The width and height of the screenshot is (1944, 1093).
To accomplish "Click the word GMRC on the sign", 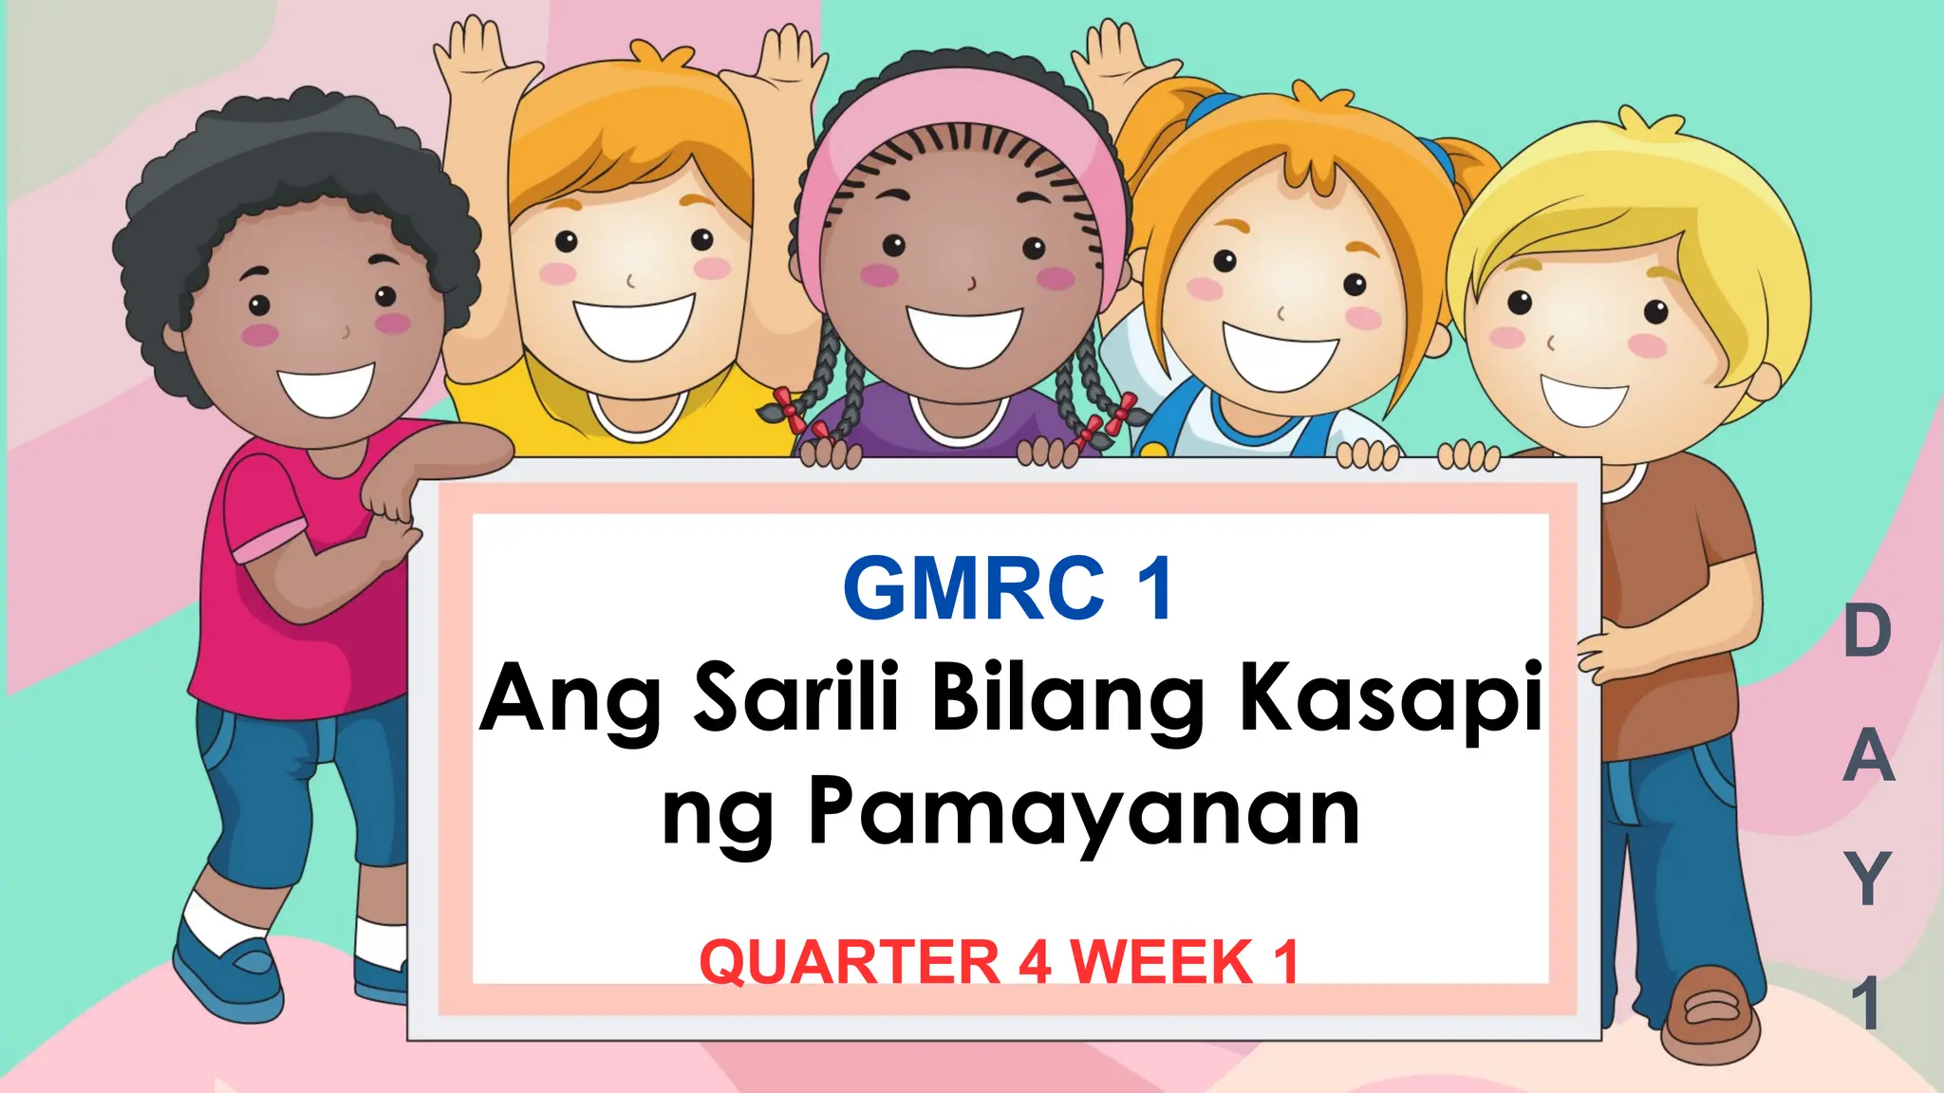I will tap(973, 590).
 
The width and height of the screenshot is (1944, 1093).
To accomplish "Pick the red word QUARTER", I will tap(850, 962).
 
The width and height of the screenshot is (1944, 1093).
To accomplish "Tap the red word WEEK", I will tap(1164, 962).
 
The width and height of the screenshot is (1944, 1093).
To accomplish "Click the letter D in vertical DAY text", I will tap(1866, 633).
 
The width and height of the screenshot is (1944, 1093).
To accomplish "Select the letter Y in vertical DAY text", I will tap(1867, 879).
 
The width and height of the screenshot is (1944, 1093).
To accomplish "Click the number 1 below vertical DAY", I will tap(1867, 1004).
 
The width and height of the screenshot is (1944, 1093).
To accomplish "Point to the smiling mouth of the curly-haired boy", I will tap(325, 389).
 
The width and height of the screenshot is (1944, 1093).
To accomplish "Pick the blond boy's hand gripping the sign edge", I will tap(1604, 655).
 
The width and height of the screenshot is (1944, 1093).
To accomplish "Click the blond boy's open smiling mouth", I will tap(1583, 399).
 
